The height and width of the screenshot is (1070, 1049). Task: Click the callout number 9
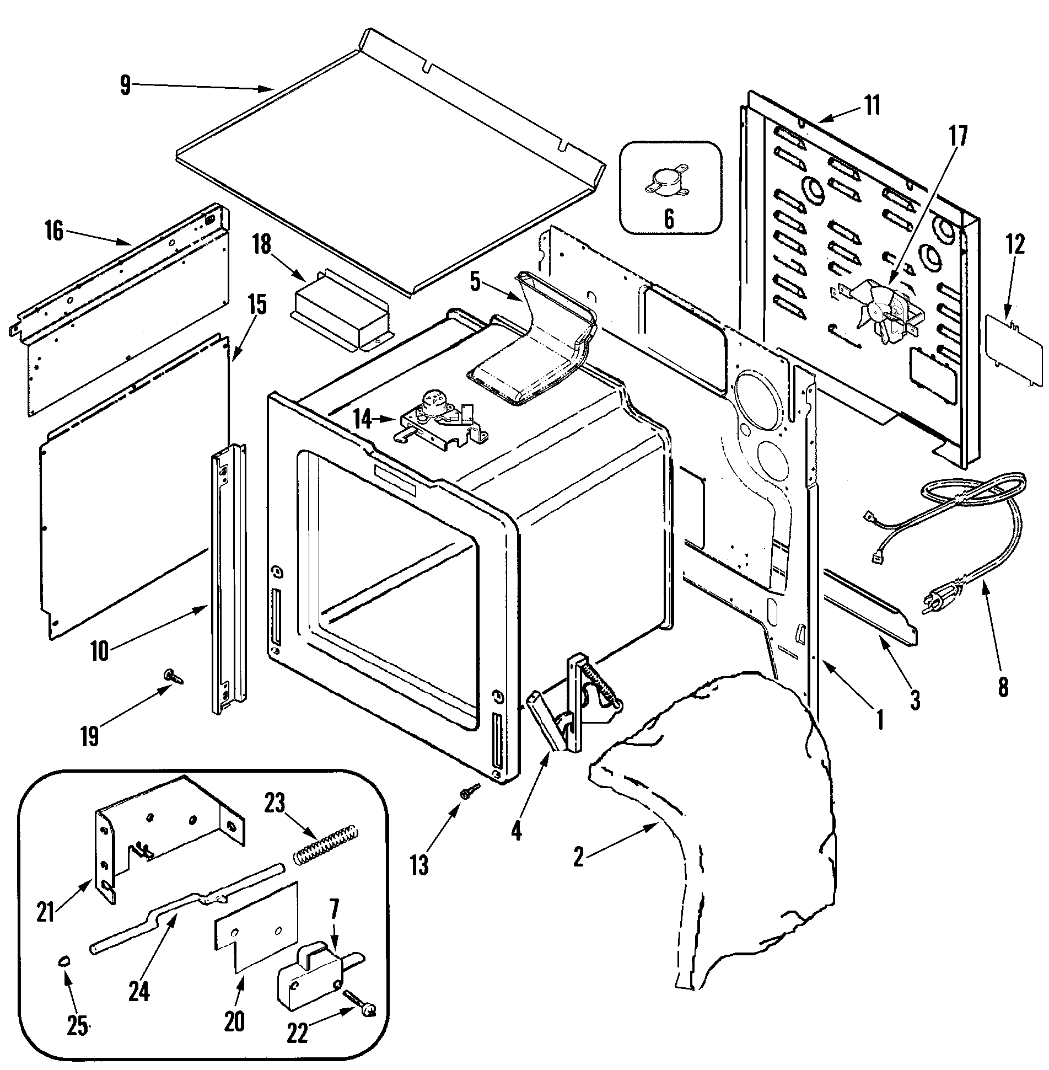coord(125,87)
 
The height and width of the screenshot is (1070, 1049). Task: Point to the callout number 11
coord(872,105)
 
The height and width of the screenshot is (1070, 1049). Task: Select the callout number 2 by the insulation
coord(578,858)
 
